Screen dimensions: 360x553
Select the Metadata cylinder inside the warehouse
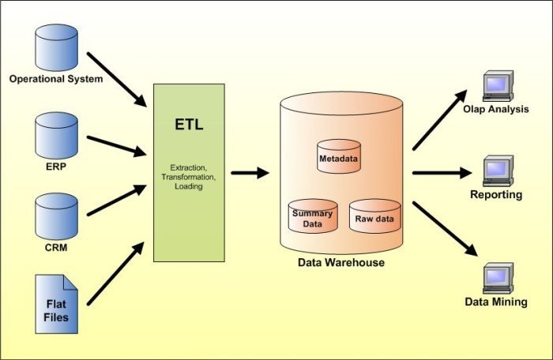click(x=338, y=157)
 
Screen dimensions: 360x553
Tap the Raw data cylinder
click(x=375, y=216)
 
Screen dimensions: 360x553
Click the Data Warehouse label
click(x=340, y=262)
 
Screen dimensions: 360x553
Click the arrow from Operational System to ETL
click(x=116, y=79)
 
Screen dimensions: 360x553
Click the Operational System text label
click(x=55, y=78)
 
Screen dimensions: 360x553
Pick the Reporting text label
click(x=496, y=194)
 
